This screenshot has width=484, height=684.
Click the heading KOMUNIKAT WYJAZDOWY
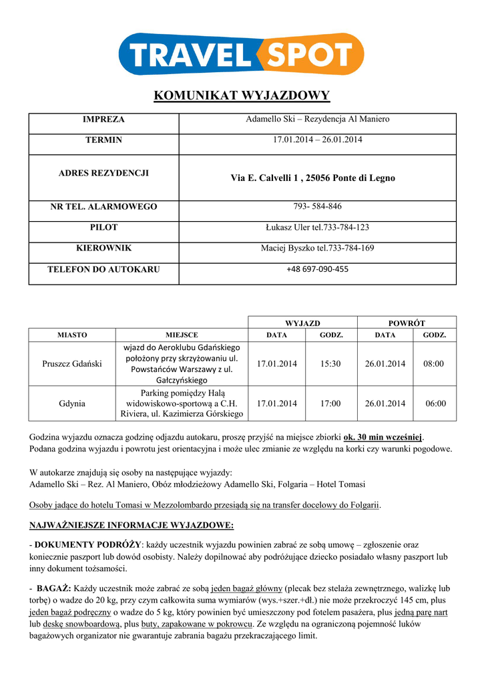(x=242, y=96)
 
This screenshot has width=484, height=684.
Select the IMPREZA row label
(x=103, y=120)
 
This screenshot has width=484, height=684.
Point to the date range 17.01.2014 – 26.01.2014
(x=317, y=140)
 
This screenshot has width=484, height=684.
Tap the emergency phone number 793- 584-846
(x=317, y=206)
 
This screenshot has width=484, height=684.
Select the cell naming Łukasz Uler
(x=317, y=228)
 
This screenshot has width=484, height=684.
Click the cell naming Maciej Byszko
(x=317, y=248)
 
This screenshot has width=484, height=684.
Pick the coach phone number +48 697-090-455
(x=317, y=269)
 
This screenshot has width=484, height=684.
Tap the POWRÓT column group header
(x=407, y=323)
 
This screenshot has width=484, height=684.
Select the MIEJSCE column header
(x=182, y=335)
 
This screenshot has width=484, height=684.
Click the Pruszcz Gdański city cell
(x=72, y=364)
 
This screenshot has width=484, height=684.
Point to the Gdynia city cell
(x=72, y=403)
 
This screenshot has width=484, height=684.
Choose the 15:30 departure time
(x=330, y=364)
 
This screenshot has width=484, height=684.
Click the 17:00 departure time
(x=330, y=403)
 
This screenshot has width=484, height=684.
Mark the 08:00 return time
(x=434, y=364)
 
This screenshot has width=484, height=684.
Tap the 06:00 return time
(x=436, y=403)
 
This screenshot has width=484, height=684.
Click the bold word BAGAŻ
(x=54, y=589)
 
